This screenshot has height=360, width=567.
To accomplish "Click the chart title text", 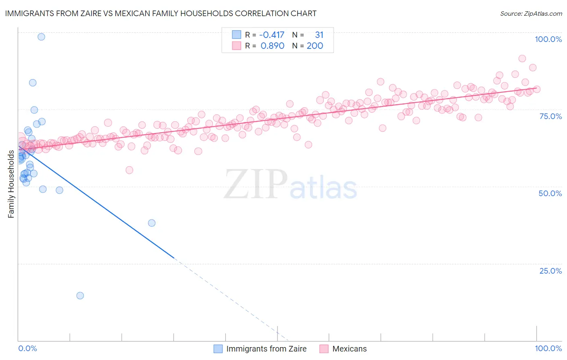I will (x=161, y=13).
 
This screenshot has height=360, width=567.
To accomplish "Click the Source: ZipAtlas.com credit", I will (x=531, y=14).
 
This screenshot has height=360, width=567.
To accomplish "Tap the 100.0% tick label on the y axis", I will (x=548, y=39).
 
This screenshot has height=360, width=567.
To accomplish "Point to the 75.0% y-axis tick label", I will (x=550, y=116).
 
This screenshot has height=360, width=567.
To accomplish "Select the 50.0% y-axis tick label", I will (x=550, y=193).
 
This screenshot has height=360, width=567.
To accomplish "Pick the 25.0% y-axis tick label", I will (x=550, y=271).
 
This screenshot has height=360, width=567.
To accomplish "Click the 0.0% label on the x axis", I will (x=27, y=348).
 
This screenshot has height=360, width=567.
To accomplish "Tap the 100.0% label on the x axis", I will (x=548, y=348).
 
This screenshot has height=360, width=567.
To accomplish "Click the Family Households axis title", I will (x=11, y=184).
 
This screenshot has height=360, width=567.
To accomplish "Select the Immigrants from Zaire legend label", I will (x=266, y=349).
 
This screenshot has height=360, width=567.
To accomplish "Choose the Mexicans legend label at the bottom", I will (x=349, y=349).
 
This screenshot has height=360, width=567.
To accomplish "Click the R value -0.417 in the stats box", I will (x=272, y=35).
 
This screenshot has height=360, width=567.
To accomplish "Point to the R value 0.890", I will (x=273, y=46).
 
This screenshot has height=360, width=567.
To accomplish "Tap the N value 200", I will (x=315, y=46).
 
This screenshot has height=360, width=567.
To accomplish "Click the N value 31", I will (x=319, y=35).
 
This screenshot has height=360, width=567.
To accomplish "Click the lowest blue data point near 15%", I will (x=80, y=295).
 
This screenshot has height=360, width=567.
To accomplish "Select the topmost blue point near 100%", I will (x=41, y=37).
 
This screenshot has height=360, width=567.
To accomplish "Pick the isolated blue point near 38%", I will (x=152, y=223).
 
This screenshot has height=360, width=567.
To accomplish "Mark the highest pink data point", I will (x=522, y=59).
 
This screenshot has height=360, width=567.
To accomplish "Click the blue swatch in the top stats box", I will (x=236, y=35).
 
